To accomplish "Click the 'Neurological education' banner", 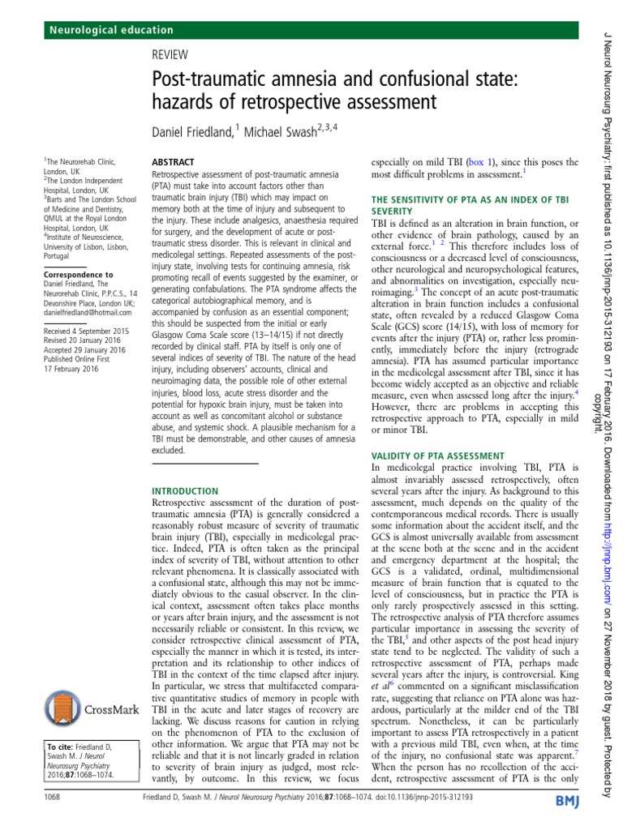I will [113, 30].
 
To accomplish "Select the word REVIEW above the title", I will [171, 54].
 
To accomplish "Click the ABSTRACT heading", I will [174, 163].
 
